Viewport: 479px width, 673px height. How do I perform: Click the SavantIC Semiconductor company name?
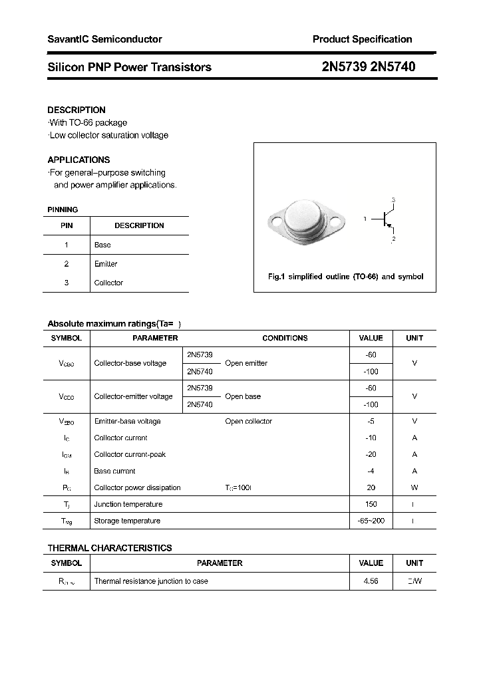tap(104, 39)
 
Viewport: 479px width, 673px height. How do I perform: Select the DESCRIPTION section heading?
tap(77, 110)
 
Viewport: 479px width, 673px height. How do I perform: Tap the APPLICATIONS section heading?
tap(79, 160)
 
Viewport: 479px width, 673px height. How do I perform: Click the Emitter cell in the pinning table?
tap(106, 264)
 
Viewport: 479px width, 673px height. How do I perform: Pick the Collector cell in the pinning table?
tap(108, 283)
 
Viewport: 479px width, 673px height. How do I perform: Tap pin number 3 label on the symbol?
tap(394, 200)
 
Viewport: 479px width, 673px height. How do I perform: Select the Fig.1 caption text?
tap(345, 277)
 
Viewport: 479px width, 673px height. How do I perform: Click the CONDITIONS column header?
tap(285, 338)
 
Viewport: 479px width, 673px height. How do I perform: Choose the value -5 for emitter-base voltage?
tap(371, 421)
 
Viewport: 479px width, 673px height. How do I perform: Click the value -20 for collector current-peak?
tap(371, 454)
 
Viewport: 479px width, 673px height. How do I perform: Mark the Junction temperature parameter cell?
tap(128, 504)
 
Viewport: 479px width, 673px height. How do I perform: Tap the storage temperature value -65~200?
tap(371, 521)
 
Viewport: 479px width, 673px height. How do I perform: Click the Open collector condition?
tap(248, 421)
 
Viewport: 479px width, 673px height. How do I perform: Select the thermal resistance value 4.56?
tap(371, 581)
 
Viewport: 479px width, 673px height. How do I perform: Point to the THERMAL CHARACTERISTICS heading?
tap(110, 548)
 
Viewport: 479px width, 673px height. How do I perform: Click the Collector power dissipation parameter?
tap(137, 487)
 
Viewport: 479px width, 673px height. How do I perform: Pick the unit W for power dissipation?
tap(414, 487)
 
